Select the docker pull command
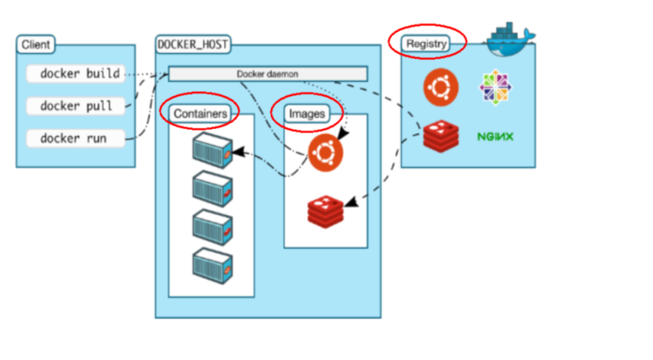(75, 106)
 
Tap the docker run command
(74, 138)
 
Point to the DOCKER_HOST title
(193, 44)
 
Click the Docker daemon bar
(267, 74)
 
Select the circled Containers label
(200, 113)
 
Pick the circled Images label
(307, 113)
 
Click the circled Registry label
(425, 43)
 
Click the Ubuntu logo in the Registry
(440, 87)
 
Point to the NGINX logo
(495, 137)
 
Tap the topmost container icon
(211, 149)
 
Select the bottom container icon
(211, 265)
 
